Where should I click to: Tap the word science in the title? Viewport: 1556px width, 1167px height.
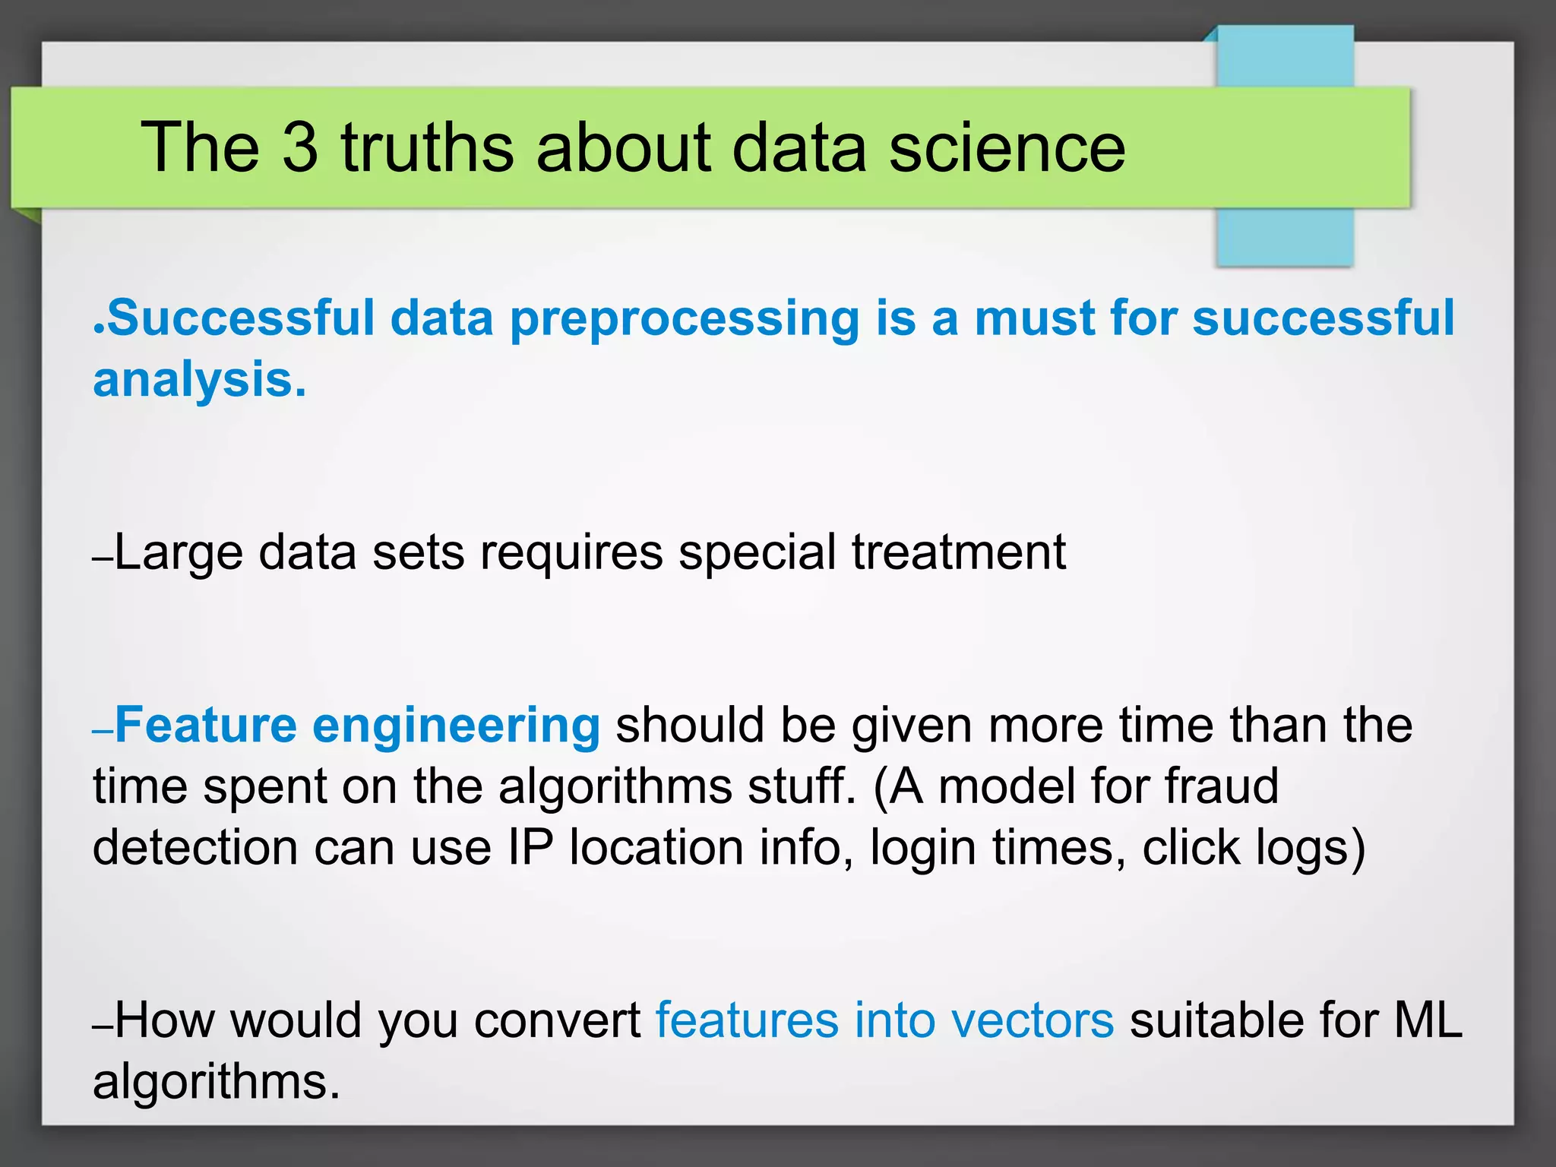tap(1007, 147)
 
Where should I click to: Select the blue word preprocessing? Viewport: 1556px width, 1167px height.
tap(684, 319)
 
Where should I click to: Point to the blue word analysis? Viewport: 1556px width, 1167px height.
tap(199, 380)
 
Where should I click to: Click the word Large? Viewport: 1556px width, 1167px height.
tap(179, 553)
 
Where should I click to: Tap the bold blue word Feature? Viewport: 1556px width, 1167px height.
tap(206, 725)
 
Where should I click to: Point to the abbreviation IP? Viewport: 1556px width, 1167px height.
tap(530, 848)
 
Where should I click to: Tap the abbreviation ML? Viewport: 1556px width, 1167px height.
tap(1428, 1020)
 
